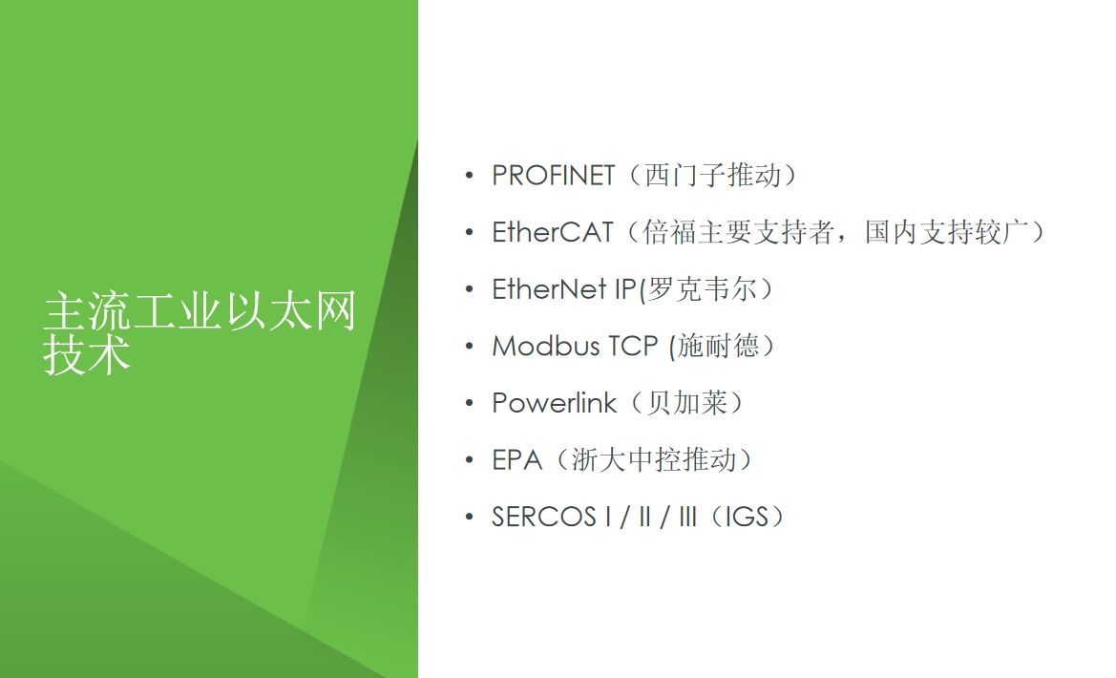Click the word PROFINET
tap(553, 175)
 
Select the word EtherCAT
tap(553, 232)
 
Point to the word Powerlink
tap(554, 403)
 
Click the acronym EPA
tap(516, 460)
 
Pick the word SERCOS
tap(544, 517)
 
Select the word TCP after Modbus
tap(634, 346)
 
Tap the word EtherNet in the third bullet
tap(549, 289)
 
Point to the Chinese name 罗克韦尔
tap(702, 289)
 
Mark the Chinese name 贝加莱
tap(686, 403)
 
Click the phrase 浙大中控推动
tap(653, 460)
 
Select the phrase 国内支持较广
tap(947, 232)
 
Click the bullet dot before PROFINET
tap(469, 175)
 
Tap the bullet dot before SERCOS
tap(469, 517)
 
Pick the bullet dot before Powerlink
tap(469, 403)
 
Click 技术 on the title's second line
tap(87, 353)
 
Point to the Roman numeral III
tap(687, 517)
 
